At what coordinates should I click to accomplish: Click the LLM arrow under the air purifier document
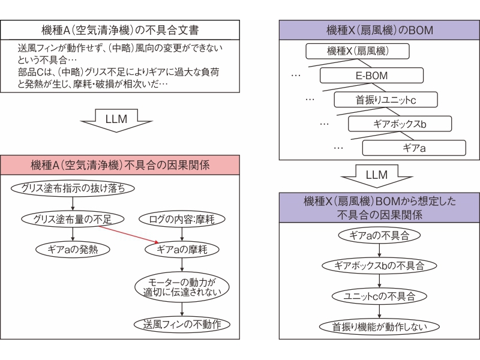(x=116, y=121)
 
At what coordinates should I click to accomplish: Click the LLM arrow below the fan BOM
(x=377, y=176)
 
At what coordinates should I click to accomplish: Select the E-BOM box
(x=371, y=76)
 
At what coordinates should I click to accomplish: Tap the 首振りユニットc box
(x=386, y=100)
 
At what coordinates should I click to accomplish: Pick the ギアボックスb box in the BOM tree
(x=400, y=124)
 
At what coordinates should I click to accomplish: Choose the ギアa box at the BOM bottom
(x=414, y=148)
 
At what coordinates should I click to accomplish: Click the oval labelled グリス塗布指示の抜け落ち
(x=73, y=188)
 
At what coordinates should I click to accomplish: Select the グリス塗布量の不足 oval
(x=73, y=219)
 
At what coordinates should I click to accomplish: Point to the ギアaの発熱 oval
(x=73, y=250)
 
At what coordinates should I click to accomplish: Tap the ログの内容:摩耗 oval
(x=182, y=219)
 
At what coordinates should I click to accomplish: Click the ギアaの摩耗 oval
(x=182, y=250)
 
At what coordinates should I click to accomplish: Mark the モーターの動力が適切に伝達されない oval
(x=182, y=287)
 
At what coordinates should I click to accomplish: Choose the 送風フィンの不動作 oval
(x=182, y=324)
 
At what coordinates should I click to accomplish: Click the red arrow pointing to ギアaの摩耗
(x=128, y=235)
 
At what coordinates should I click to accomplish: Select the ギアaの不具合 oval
(x=379, y=235)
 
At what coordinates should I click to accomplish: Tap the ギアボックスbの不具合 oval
(x=379, y=266)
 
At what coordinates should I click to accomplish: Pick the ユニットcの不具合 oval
(x=379, y=296)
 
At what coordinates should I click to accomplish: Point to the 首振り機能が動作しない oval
(x=379, y=326)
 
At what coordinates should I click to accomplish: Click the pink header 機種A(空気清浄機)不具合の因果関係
(x=120, y=165)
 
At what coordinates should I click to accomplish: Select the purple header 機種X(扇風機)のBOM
(x=379, y=30)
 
